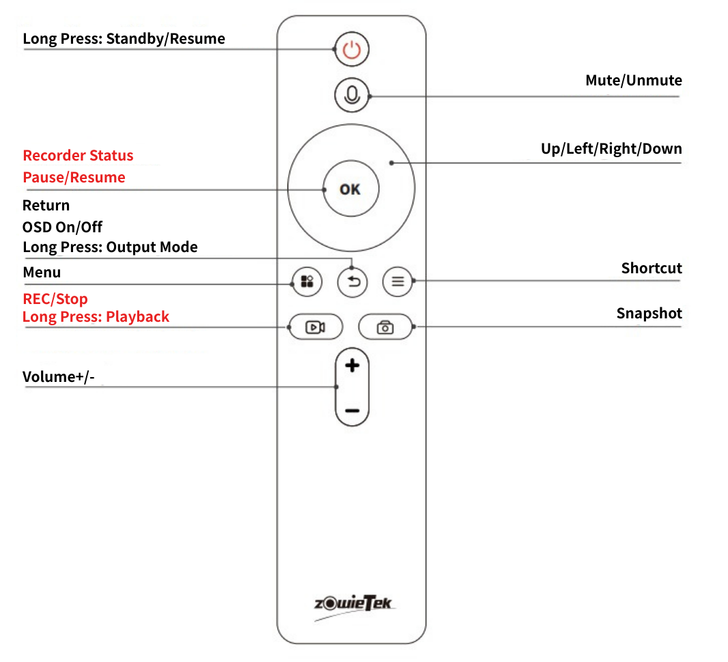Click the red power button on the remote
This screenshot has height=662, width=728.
pyautogui.click(x=351, y=50)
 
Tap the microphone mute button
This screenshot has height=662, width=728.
pyautogui.click(x=352, y=95)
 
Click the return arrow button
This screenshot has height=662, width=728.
pyautogui.click(x=352, y=281)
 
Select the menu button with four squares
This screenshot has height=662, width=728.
pyautogui.click(x=307, y=281)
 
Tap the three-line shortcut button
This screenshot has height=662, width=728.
pyautogui.click(x=397, y=281)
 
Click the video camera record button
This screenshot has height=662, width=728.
pyautogui.click(x=314, y=327)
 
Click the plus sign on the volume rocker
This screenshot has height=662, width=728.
pyautogui.click(x=352, y=366)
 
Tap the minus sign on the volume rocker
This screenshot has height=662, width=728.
pyautogui.click(x=352, y=411)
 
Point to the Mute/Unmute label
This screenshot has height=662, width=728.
pyautogui.click(x=633, y=81)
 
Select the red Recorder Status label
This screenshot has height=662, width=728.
pyautogui.click(x=78, y=156)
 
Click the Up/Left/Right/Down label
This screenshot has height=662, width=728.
pyautogui.click(x=611, y=149)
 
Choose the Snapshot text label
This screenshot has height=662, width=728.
pyautogui.click(x=649, y=314)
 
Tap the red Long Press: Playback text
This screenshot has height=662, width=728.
pyautogui.click(x=96, y=317)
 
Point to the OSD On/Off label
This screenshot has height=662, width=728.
pyautogui.click(x=62, y=227)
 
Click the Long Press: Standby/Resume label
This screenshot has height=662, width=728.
pyautogui.click(x=124, y=39)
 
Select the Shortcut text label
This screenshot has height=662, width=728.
pyautogui.click(x=651, y=268)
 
